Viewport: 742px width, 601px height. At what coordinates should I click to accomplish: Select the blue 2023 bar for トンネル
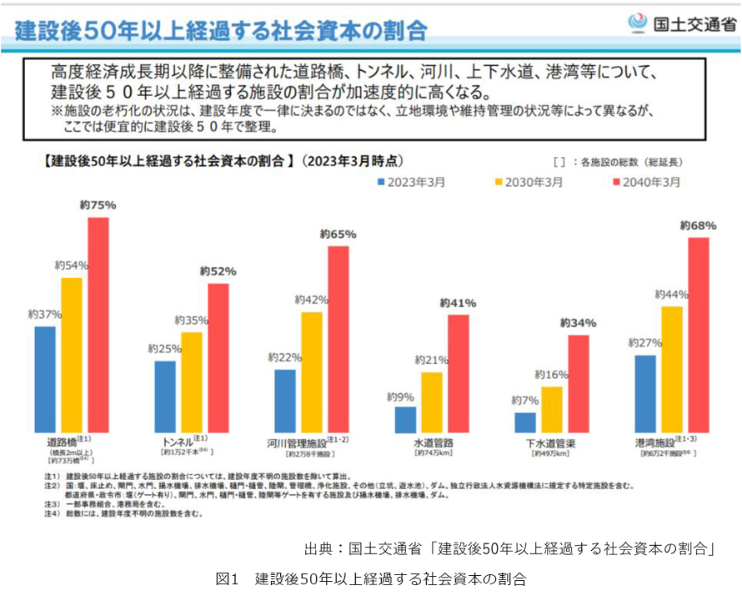(165, 396)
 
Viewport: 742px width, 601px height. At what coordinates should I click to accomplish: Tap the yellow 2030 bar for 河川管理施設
(311, 371)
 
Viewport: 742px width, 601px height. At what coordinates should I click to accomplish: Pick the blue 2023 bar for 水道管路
(405, 419)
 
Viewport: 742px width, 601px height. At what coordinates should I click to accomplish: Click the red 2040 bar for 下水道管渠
(579, 383)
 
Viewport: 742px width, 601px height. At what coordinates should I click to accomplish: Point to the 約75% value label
(98, 205)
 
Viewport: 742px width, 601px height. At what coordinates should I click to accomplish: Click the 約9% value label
(404, 397)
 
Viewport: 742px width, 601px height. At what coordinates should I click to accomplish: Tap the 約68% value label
(698, 225)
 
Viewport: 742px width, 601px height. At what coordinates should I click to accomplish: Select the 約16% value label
(551, 375)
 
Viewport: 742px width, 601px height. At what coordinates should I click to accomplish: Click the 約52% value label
(218, 271)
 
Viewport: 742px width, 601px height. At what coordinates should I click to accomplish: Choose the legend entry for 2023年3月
(414, 181)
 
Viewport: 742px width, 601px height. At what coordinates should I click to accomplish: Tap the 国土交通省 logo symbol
(637, 23)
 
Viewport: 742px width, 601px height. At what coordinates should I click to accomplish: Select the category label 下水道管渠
(552, 442)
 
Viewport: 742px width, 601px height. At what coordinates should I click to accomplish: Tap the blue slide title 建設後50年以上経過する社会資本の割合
(222, 31)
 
